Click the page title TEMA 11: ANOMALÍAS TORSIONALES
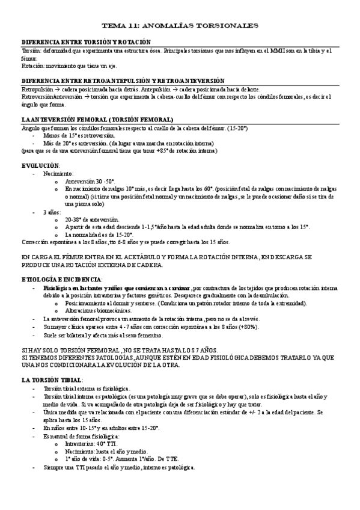[x=180, y=26]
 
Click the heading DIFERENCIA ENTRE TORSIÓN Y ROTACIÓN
[x=85, y=42]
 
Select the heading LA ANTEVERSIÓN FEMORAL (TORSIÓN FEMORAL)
[x=97, y=120]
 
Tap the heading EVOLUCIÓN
[x=40, y=165]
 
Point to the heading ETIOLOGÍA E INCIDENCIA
[x=61, y=280]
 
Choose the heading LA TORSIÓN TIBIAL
[x=52, y=380]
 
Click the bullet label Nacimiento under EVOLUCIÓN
[x=58, y=173]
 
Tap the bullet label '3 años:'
[x=52, y=212]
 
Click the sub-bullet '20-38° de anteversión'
[x=92, y=220]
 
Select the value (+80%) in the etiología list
[x=240, y=327]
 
